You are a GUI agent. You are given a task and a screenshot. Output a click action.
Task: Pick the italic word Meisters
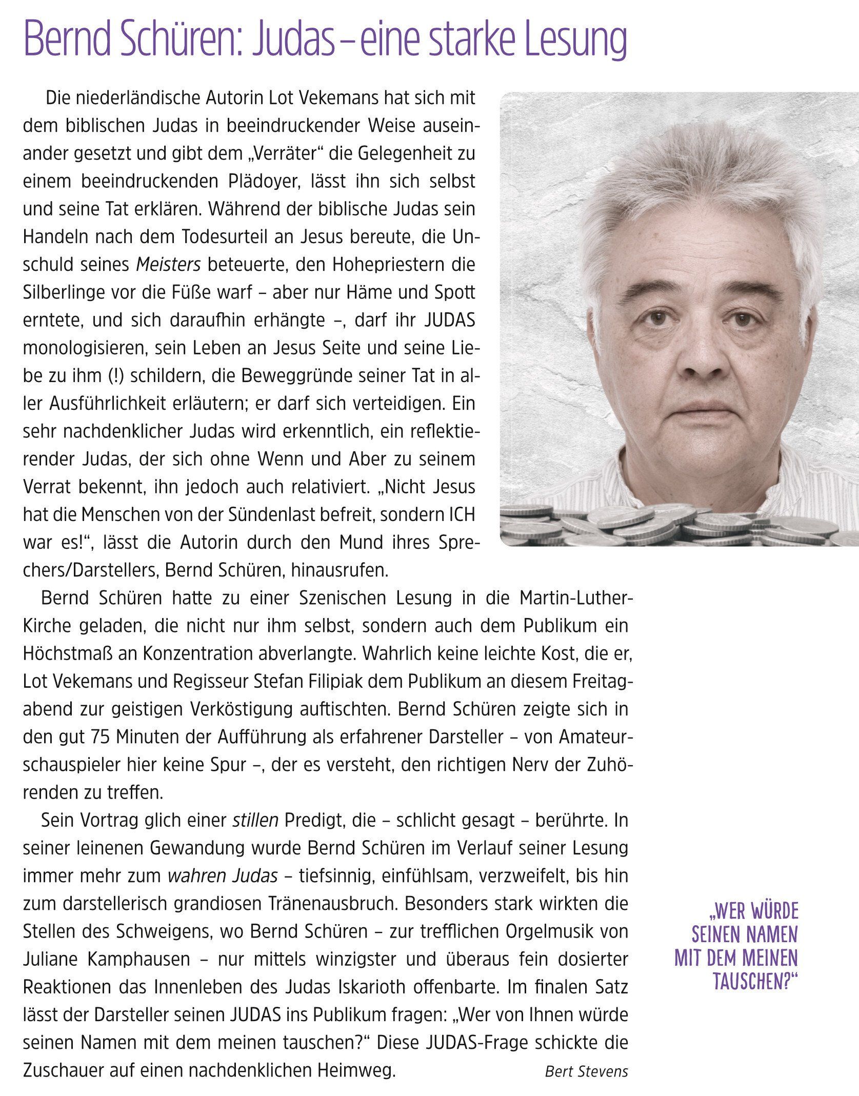coord(168,265)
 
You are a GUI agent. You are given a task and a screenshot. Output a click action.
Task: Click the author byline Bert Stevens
coord(586,1072)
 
